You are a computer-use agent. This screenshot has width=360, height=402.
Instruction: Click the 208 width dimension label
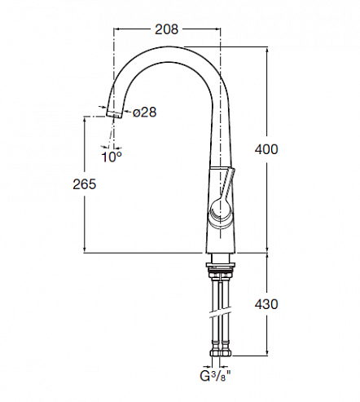[166, 29]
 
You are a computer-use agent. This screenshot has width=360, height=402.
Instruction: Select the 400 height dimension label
[266, 149]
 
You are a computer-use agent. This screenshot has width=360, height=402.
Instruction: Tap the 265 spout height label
[85, 184]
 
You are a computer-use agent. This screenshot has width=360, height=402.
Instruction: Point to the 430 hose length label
[266, 304]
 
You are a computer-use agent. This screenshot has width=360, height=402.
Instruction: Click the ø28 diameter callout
[145, 112]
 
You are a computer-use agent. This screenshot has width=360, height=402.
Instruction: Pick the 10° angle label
[112, 157]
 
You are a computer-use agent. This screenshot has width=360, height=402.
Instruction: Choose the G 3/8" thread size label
[216, 376]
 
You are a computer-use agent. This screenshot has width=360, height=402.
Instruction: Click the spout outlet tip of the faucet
[114, 115]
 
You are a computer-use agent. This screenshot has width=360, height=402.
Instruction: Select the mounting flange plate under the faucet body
[221, 265]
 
